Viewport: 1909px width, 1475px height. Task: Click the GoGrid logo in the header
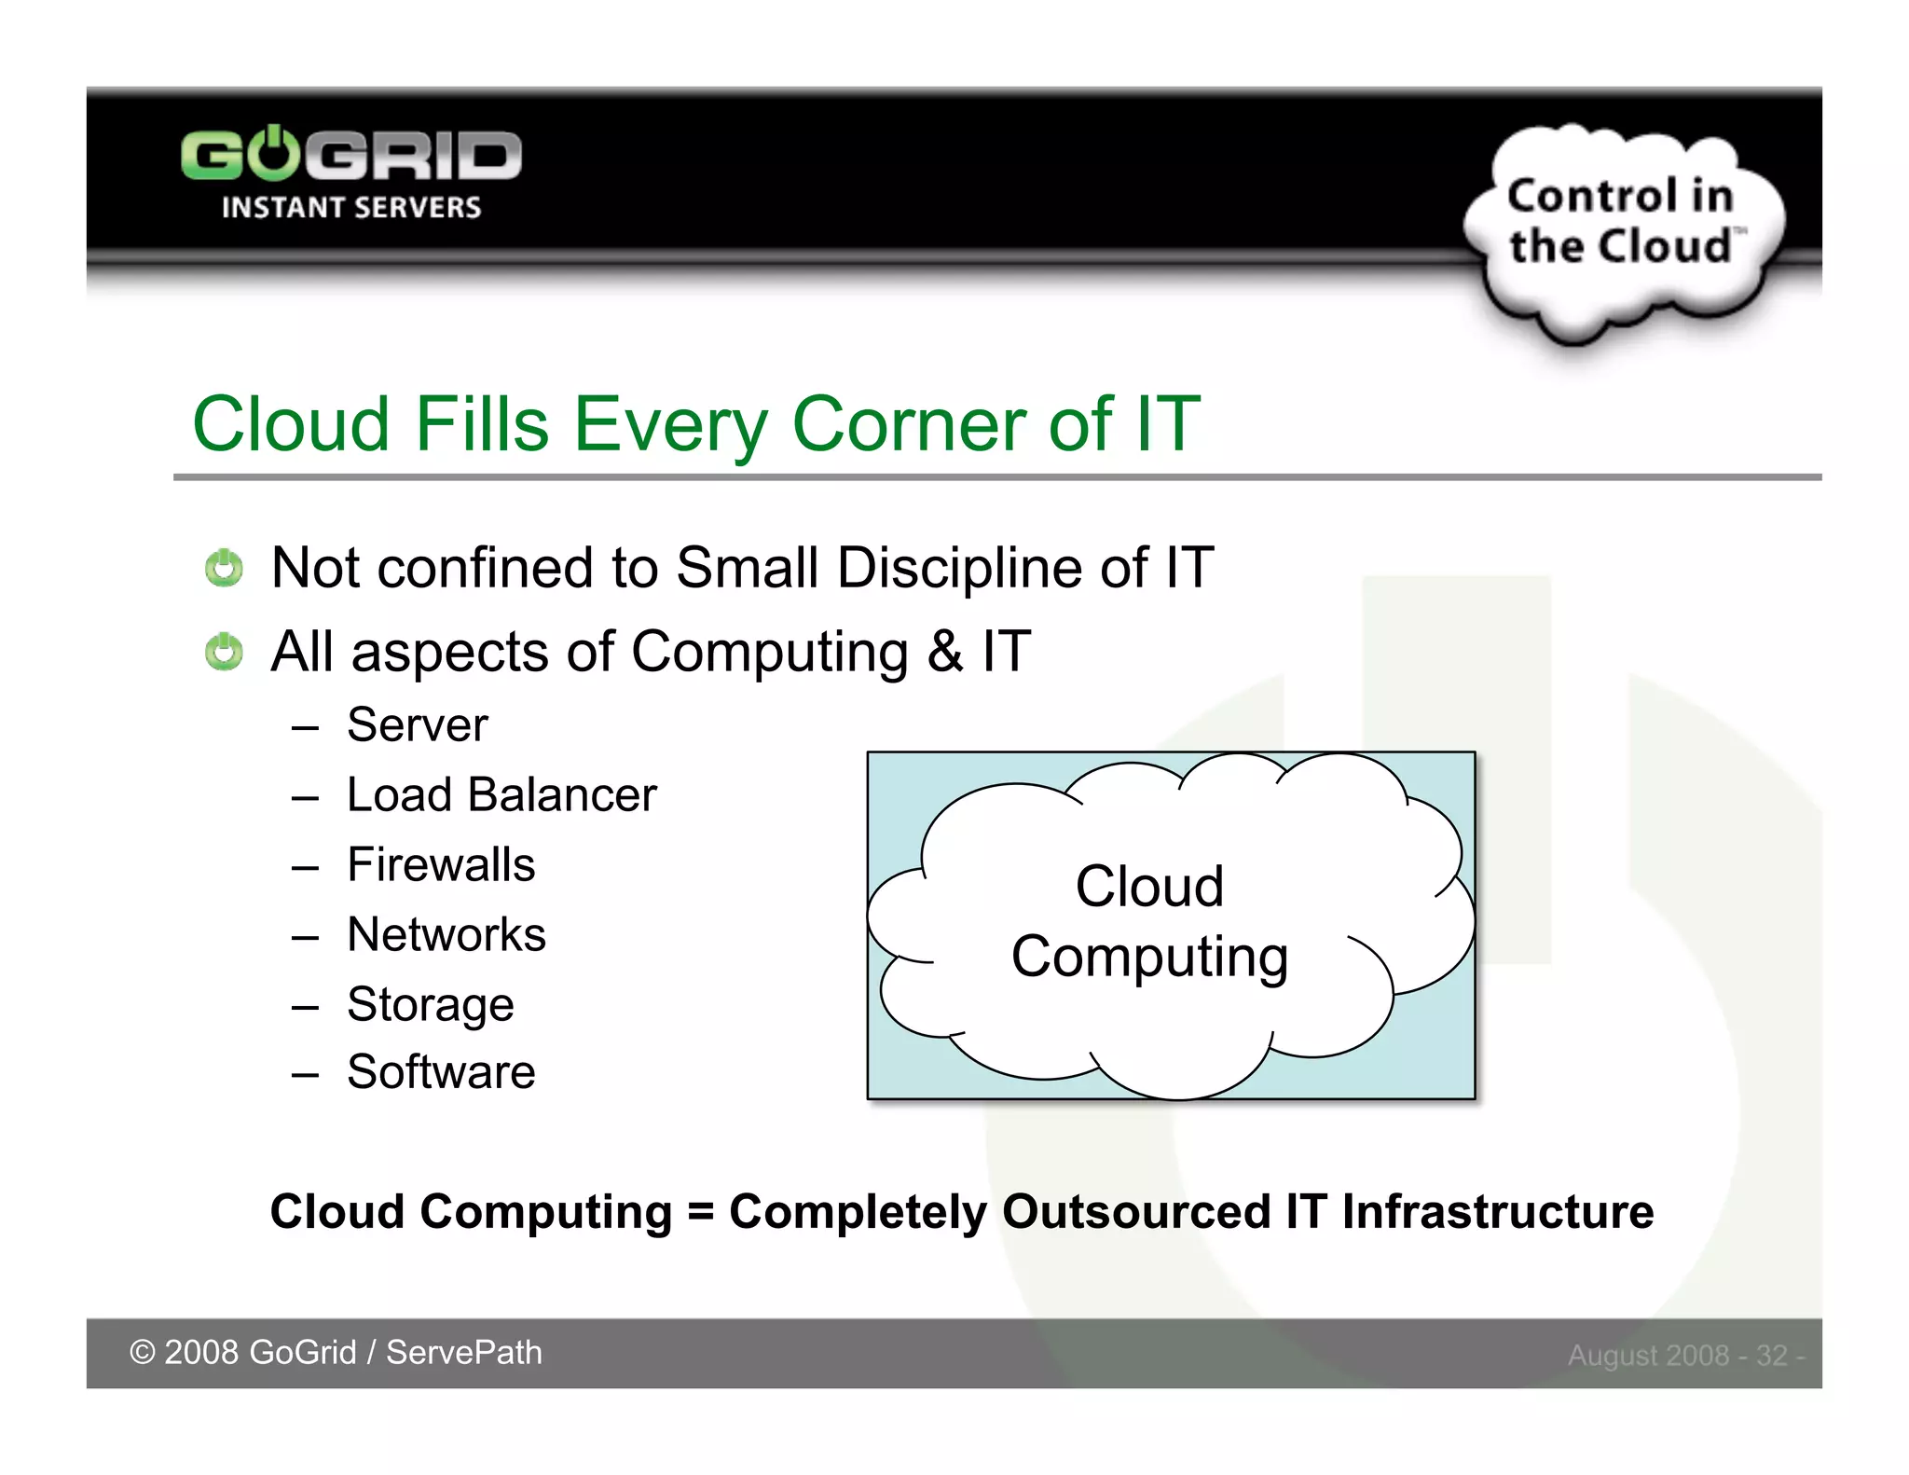[350, 155]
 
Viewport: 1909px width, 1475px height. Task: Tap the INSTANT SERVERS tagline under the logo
[350, 208]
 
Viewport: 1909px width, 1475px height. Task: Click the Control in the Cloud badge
[1622, 224]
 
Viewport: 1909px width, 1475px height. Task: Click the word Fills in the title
[481, 424]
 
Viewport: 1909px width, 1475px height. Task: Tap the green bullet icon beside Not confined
[224, 568]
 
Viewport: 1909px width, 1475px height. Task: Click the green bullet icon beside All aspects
[224, 652]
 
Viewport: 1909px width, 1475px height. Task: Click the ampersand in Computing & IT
[944, 652]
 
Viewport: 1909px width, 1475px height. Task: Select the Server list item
[417, 725]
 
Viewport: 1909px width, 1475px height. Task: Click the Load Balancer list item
[501, 795]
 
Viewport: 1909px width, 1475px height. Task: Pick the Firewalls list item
[441, 865]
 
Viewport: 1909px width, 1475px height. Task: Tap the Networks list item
[446, 935]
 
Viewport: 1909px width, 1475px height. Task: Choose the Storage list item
[430, 1005]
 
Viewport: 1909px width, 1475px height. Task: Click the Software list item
[441, 1072]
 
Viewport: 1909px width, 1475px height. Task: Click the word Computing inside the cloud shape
[1149, 958]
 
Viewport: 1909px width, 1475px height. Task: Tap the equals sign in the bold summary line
[700, 1213]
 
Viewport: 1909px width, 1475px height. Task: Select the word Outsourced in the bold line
[1136, 1212]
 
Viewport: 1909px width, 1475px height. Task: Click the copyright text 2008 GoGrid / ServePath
[336, 1353]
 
